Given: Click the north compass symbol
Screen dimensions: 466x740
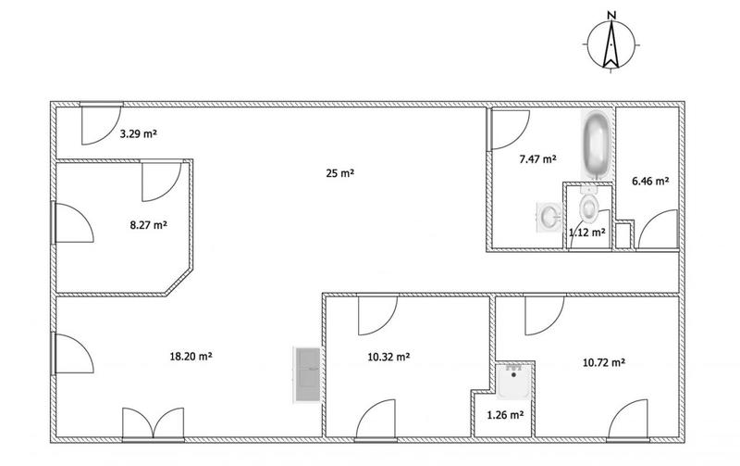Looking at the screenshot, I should (610, 44).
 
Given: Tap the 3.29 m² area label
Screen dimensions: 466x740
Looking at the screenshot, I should (139, 134).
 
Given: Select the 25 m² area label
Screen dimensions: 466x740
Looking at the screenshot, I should (340, 173).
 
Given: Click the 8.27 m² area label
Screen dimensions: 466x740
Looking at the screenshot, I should (148, 224).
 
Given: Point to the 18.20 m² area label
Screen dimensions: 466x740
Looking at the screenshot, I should (191, 355).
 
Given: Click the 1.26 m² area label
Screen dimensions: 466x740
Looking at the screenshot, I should (505, 414).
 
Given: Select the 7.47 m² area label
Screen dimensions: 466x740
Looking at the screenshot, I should (536, 159).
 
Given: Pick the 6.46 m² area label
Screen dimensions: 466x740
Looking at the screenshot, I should (648, 182).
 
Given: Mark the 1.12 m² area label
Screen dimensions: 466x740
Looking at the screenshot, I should (586, 232).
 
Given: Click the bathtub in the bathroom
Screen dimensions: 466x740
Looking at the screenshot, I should (595, 145).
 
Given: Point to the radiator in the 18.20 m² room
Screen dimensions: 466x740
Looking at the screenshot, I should (307, 375).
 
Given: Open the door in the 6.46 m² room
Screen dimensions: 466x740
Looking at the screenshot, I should (657, 231).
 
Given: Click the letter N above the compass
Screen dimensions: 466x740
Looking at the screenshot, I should (610, 14).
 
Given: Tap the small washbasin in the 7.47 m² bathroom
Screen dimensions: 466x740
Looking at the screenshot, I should (549, 216).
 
